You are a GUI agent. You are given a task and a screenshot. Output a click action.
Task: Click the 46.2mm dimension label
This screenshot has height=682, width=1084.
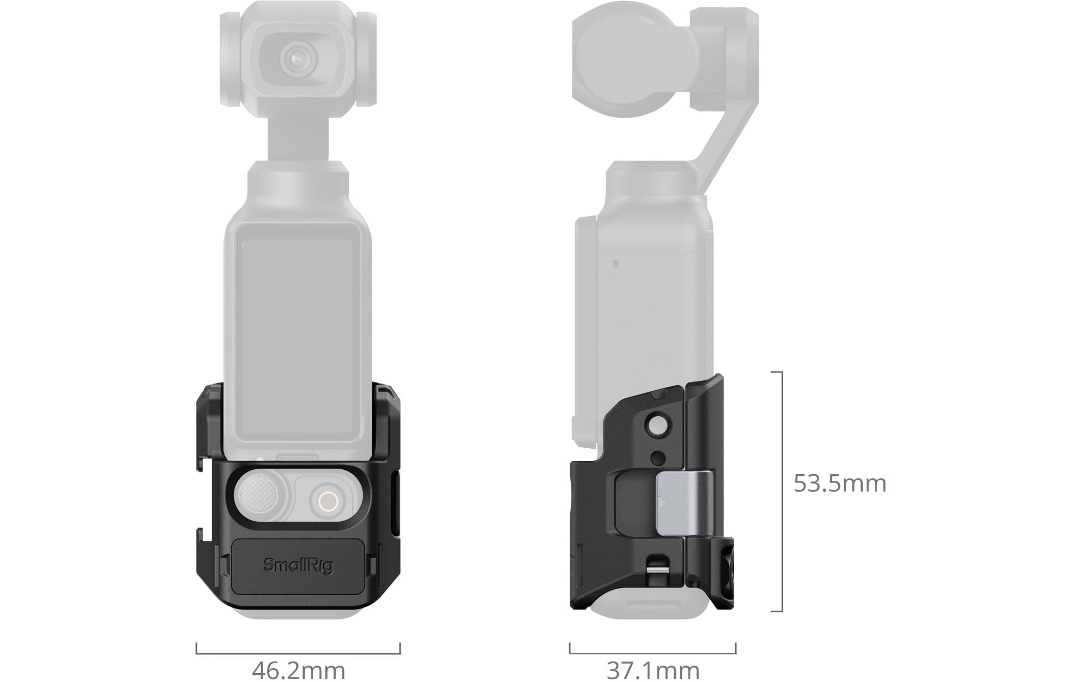pos(299,670)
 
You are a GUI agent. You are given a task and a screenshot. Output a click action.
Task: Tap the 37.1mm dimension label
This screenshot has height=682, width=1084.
pos(653,670)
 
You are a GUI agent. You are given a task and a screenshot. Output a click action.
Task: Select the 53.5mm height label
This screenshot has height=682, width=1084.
pos(840,483)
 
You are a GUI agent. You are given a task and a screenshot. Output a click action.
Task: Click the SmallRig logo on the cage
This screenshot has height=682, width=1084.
pos(298,565)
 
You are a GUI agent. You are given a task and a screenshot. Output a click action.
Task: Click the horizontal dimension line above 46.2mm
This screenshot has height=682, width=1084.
pos(298,653)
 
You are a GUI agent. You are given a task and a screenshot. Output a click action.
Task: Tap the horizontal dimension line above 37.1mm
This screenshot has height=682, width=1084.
pos(653,653)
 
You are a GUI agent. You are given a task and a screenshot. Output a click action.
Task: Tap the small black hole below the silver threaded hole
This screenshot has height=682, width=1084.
pos(658,457)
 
